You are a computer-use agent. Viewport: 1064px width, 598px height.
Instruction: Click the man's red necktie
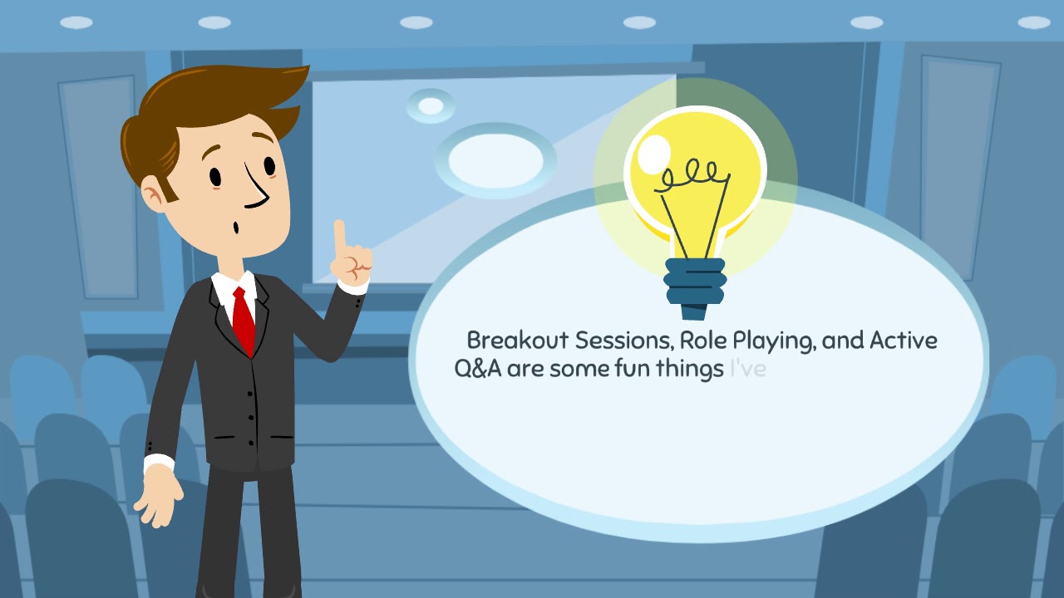(243, 320)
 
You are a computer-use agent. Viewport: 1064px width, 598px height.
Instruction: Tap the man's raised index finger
(339, 237)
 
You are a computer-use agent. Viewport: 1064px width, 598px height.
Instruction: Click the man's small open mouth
(237, 226)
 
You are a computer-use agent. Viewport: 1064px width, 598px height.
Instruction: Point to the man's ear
(154, 196)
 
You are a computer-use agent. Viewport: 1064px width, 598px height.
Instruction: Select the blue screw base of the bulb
(695, 287)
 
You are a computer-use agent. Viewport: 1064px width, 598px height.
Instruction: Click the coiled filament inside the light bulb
(690, 175)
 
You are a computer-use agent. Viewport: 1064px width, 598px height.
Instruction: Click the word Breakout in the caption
(517, 341)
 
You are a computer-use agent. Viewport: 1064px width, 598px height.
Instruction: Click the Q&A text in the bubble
(478, 369)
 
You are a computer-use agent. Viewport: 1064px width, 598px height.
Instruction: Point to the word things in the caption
(689, 370)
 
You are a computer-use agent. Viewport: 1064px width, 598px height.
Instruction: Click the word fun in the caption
(631, 369)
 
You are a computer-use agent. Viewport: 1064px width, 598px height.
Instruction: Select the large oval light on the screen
(495, 159)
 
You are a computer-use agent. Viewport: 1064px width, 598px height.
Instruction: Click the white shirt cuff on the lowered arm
(158, 463)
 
